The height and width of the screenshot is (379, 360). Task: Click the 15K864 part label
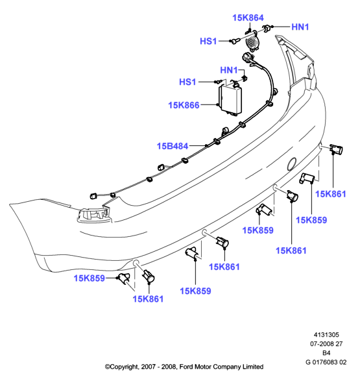pos(248,18)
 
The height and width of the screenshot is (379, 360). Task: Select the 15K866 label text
pos(184,105)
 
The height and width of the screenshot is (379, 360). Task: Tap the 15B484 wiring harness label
pos(173,146)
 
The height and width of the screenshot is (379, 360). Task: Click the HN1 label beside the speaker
pos(300,27)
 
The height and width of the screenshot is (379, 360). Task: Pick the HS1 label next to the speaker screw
pos(208,42)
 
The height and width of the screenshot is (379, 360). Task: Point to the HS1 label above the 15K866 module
pos(187,82)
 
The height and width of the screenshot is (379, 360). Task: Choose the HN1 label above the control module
pos(229,70)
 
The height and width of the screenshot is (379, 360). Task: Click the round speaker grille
pos(252,42)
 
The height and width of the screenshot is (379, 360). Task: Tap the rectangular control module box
pos(230,100)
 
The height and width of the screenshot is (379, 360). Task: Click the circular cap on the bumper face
pos(292,164)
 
